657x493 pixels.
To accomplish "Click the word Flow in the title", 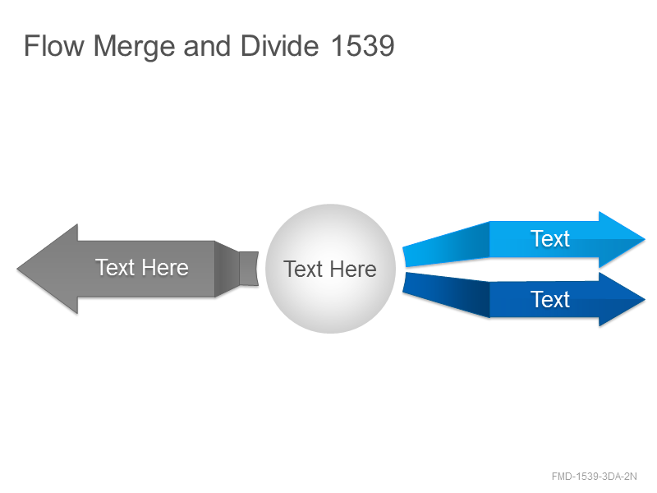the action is click(54, 46).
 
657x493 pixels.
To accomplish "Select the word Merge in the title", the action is click(134, 48).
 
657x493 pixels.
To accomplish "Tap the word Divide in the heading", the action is click(279, 46).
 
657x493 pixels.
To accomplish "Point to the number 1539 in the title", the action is click(362, 46).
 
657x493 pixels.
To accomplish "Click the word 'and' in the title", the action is click(207, 46).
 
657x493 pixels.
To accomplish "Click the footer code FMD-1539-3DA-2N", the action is click(594, 477).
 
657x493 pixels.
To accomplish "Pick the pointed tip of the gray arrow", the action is click(17, 269).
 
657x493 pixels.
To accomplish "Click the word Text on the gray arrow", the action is click(114, 268).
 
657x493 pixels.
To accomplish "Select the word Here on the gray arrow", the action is click(165, 268).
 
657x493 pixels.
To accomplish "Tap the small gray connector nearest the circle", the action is click(249, 269).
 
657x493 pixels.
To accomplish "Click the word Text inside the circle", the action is click(302, 270).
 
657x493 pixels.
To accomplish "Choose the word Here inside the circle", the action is click(353, 270).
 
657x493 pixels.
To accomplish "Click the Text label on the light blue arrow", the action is click(550, 239).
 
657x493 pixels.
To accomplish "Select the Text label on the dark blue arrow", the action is click(550, 300).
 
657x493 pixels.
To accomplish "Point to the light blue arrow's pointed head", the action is click(622, 239).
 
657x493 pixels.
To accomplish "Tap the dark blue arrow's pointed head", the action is click(622, 299).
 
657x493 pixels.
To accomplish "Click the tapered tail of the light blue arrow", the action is click(447, 244).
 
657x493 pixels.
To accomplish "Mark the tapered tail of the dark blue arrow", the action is click(447, 294).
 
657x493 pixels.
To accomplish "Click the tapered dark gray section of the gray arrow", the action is click(227, 269).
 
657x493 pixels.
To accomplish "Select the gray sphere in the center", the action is click(331, 269).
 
